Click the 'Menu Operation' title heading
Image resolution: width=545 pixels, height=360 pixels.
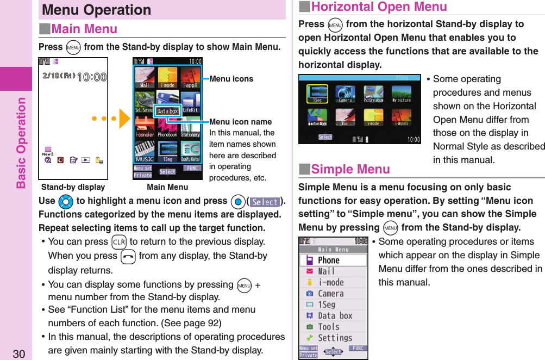pyautogui.click(x=97, y=10)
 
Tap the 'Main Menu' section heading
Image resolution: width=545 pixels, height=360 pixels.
pyautogui.click(x=84, y=29)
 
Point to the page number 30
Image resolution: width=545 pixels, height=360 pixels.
pyautogui.click(x=19, y=354)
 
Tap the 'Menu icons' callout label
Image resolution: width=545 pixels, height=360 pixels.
pyautogui.click(x=231, y=79)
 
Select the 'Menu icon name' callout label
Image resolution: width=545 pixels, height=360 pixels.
pyautogui.click(x=240, y=122)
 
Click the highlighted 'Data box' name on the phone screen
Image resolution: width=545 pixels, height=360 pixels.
pyautogui.click(x=167, y=111)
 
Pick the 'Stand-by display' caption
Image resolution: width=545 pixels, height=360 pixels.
pyautogui.click(x=73, y=187)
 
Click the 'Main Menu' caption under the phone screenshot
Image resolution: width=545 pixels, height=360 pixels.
pyautogui.click(x=167, y=187)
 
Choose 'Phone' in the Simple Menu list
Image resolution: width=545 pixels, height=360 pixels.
pyautogui.click(x=328, y=260)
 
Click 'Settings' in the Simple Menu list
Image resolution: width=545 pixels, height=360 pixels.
pyautogui.click(x=335, y=338)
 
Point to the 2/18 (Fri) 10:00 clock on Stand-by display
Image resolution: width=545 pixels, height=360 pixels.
pyautogui.click(x=73, y=77)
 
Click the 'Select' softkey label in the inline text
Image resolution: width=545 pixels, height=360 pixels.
pyautogui.click(x=265, y=202)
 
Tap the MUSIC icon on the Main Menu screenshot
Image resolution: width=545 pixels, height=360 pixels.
pyautogui.click(x=145, y=152)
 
